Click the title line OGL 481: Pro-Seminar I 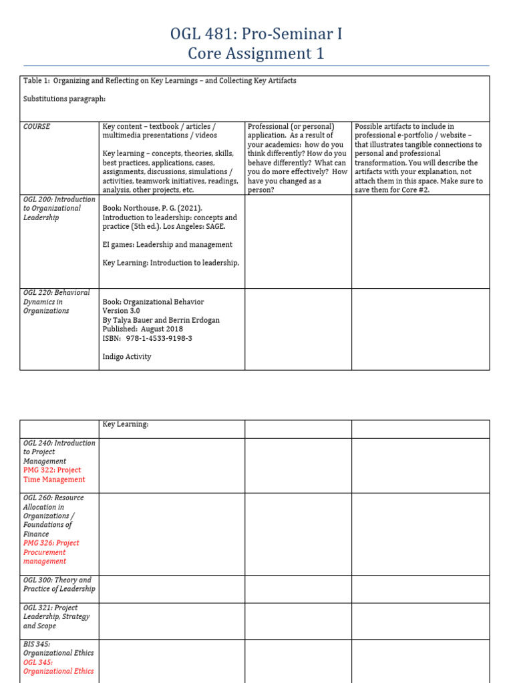(x=256, y=34)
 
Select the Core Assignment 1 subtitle (x=256, y=54)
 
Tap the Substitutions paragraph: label (x=65, y=99)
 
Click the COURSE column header (x=37, y=127)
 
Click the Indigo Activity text (x=127, y=357)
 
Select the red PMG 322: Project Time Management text (x=54, y=475)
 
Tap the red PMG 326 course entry (x=51, y=552)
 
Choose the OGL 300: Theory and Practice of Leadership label (x=59, y=584)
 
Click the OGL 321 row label (x=56, y=617)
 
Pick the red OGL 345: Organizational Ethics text (x=58, y=667)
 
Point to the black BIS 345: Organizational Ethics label (x=58, y=648)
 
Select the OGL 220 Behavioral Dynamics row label (x=56, y=301)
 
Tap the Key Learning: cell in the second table (x=126, y=424)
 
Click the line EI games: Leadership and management (x=168, y=245)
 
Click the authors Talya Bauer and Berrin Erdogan (x=161, y=320)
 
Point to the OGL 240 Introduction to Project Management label (x=59, y=452)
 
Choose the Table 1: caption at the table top (x=160, y=81)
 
